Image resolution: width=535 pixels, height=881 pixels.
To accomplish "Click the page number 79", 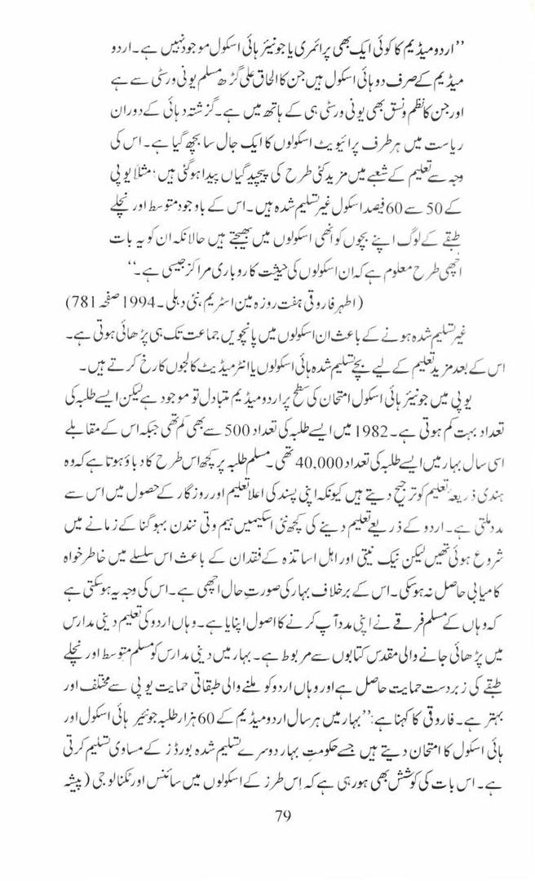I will (279, 817).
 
